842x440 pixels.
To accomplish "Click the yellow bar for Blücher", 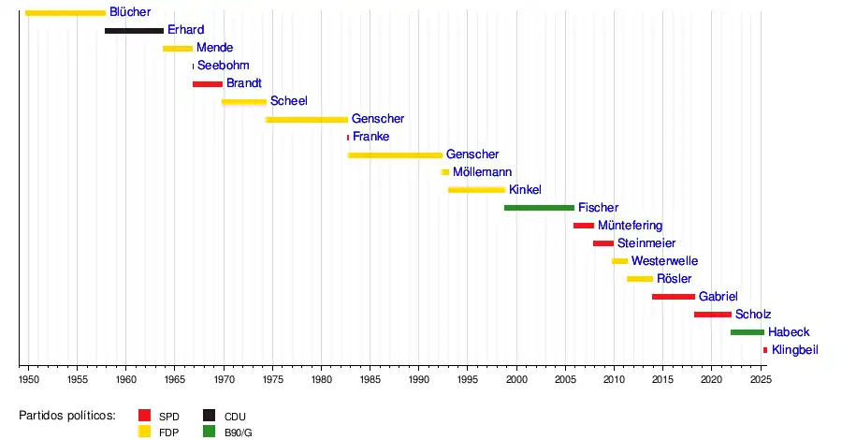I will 65,12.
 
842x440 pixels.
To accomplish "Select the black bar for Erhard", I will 134,31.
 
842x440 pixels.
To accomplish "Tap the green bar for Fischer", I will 539,208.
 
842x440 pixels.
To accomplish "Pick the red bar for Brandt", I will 208,84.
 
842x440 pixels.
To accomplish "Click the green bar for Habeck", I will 748,332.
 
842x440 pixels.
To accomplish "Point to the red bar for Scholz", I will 713,315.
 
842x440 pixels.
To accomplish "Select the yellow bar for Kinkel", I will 476,190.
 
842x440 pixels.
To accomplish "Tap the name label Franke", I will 371,137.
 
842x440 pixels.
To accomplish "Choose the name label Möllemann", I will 481,172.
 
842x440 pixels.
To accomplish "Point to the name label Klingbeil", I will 795,350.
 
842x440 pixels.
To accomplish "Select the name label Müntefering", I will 630,226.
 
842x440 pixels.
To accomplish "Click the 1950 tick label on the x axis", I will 29,379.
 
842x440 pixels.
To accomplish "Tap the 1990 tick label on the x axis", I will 419,379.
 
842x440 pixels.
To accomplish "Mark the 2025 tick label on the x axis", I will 761,379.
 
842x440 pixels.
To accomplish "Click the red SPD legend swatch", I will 145,415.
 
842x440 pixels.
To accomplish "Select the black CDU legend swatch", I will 209,415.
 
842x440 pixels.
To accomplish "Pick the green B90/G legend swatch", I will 209,432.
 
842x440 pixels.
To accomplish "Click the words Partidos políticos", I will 67,415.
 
